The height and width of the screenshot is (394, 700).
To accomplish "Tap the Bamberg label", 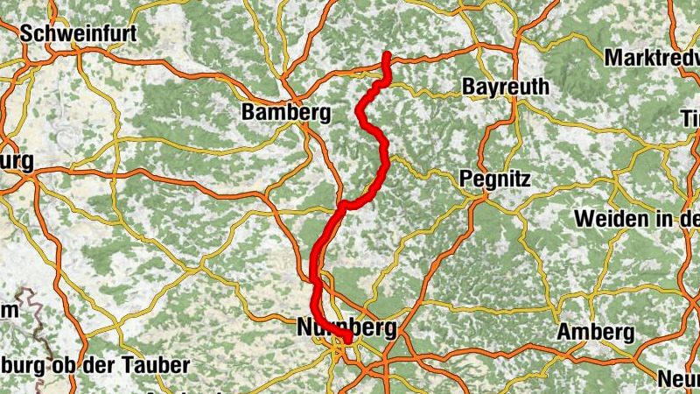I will tap(286, 113).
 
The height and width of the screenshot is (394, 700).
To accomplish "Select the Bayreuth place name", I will tap(506, 88).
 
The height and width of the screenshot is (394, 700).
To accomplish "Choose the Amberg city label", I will tap(596, 333).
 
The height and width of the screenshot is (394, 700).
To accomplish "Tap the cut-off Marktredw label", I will tap(651, 57).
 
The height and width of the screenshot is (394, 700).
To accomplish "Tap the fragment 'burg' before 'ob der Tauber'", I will tap(21, 365).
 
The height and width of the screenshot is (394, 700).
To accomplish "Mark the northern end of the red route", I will tap(386, 55).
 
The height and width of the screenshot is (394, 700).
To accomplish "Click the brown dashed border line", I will tap(36, 306).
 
